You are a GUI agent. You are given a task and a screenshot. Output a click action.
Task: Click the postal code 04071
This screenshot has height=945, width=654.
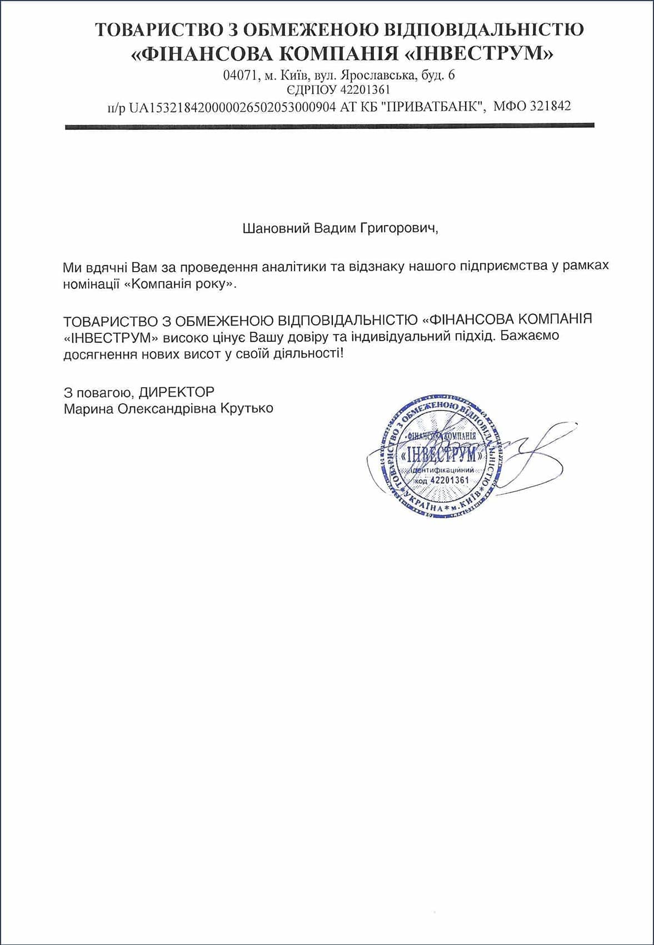click(x=238, y=75)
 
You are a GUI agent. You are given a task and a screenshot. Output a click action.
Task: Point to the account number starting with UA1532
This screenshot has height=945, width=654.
click(x=232, y=107)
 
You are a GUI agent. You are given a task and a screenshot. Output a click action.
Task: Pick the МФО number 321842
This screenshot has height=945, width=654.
click(x=550, y=106)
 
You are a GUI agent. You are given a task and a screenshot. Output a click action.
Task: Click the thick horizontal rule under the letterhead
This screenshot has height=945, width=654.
click(x=330, y=127)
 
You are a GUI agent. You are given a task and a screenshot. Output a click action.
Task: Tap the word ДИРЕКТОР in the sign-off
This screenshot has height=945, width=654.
click(x=177, y=392)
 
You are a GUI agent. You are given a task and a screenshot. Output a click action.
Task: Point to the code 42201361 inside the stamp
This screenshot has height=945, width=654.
click(x=450, y=480)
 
